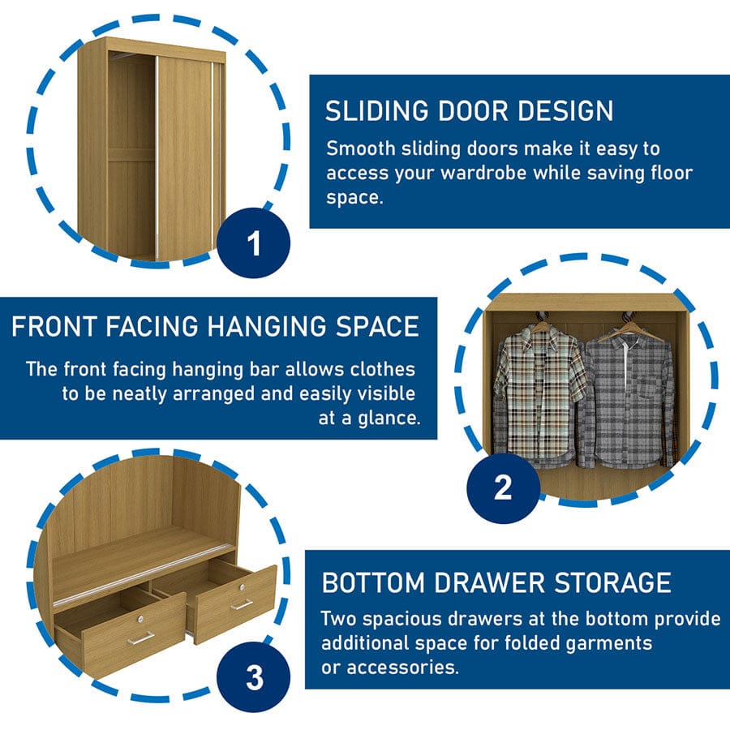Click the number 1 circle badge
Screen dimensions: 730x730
pos(254,243)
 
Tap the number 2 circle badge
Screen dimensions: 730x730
pos(503,488)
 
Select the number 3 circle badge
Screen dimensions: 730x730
pos(254,677)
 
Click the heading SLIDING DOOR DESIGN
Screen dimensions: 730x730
pos(470,111)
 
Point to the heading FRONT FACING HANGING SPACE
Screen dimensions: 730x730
pos(215,326)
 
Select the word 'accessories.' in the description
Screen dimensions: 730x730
pos(402,668)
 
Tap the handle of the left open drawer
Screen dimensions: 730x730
pos(140,638)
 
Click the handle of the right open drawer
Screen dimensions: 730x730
pos(242,604)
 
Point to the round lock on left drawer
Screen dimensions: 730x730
pos(140,619)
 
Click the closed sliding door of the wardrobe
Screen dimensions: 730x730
pos(185,156)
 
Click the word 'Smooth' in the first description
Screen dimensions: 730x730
pos(361,148)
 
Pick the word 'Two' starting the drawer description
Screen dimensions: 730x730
pos(339,619)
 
